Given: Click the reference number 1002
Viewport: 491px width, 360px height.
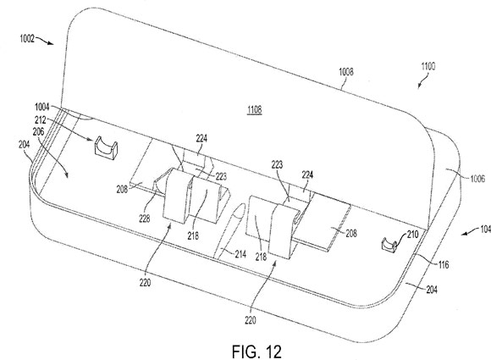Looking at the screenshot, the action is pos(27,39).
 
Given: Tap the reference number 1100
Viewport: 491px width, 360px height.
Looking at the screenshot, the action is pos(428,66).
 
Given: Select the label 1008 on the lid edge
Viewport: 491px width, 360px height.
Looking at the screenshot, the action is pos(346,72).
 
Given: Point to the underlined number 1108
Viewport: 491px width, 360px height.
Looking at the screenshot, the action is pos(254,109).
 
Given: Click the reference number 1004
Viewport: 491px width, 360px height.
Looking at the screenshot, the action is pos(42,108).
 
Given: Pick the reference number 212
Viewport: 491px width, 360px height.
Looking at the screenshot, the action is pos(41,120).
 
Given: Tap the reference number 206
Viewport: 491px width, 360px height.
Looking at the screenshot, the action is pos(38,131).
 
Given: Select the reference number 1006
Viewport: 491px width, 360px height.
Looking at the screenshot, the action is pos(477,179).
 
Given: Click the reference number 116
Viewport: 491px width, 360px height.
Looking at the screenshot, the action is pos(444,265).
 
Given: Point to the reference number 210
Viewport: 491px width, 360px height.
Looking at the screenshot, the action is pos(412,235).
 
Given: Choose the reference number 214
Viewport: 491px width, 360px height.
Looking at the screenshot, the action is pos(240,254).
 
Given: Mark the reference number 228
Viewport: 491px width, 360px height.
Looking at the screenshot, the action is pos(145,219).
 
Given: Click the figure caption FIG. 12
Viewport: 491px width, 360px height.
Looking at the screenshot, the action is pos(257,352).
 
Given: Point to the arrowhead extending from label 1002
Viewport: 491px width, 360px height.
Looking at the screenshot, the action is pos(51,43).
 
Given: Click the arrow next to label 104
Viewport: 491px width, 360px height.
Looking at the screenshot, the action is pos(469,232).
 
